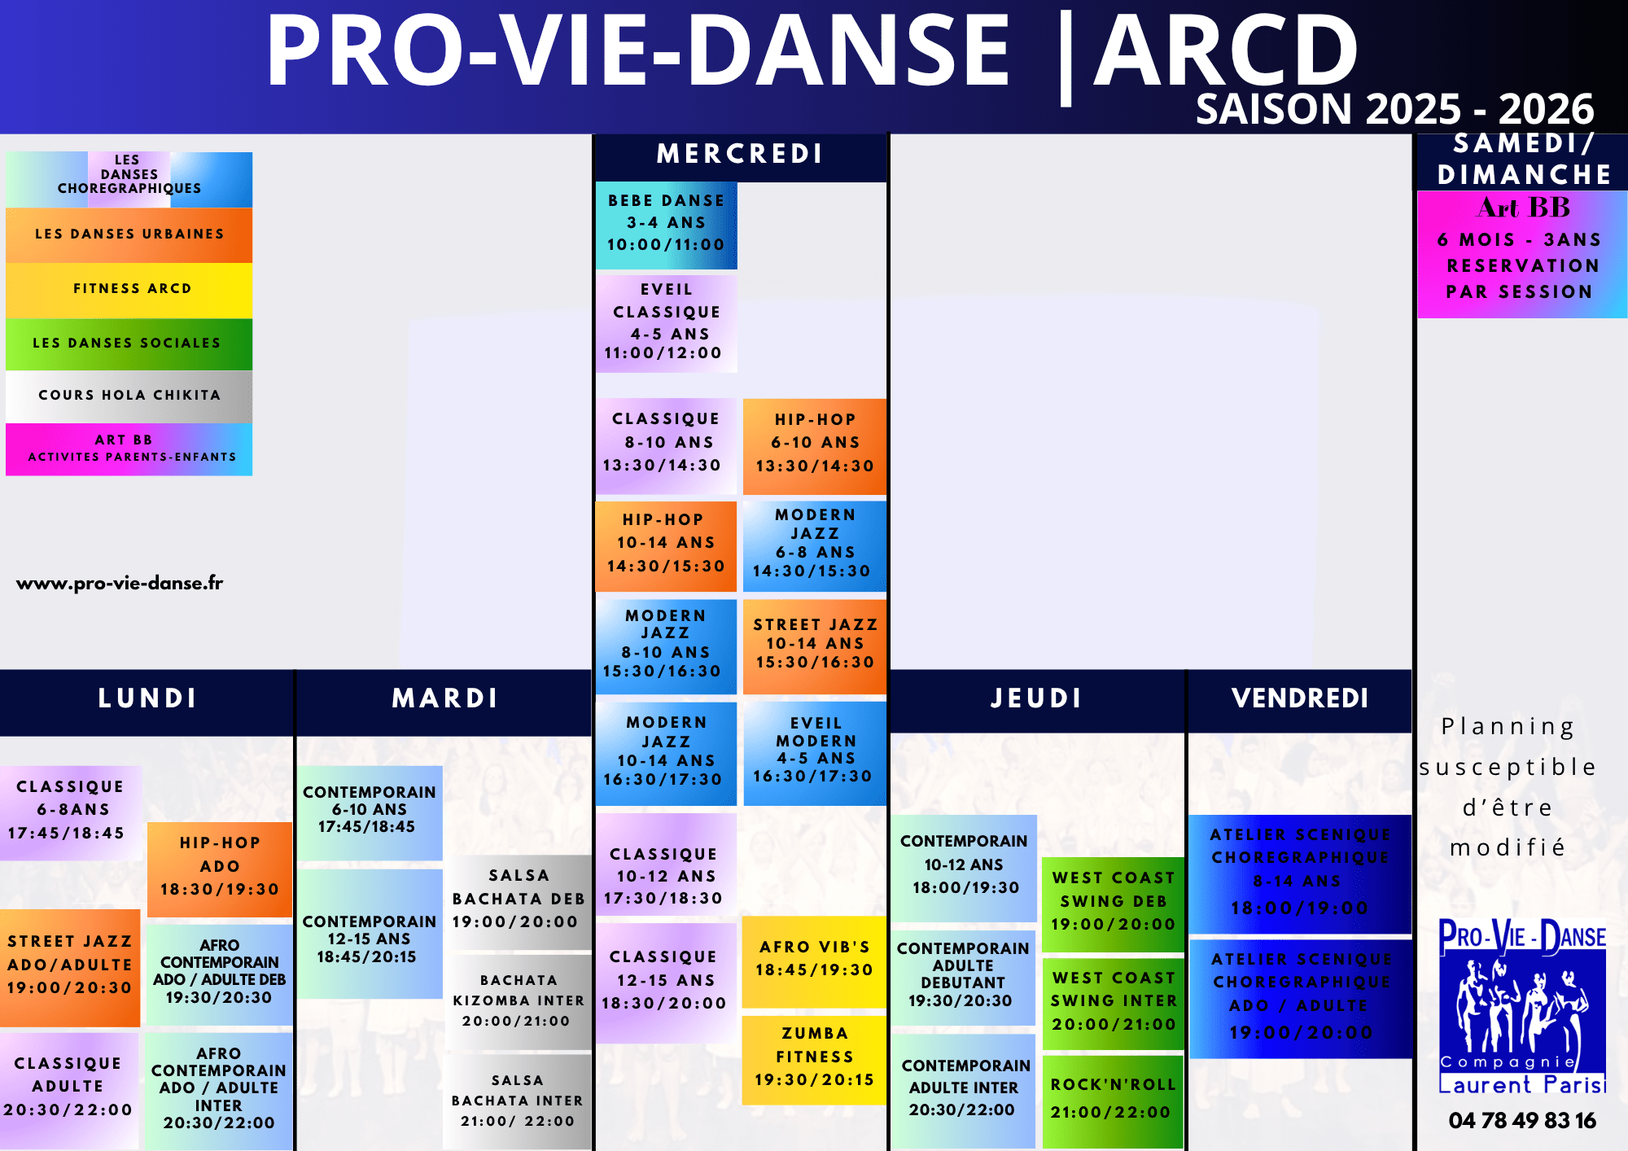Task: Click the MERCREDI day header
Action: [740, 155]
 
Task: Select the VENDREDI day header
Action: [1300, 699]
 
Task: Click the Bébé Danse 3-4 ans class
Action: [666, 225]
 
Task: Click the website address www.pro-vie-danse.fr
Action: [120, 583]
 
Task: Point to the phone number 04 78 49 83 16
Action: [1522, 1121]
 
